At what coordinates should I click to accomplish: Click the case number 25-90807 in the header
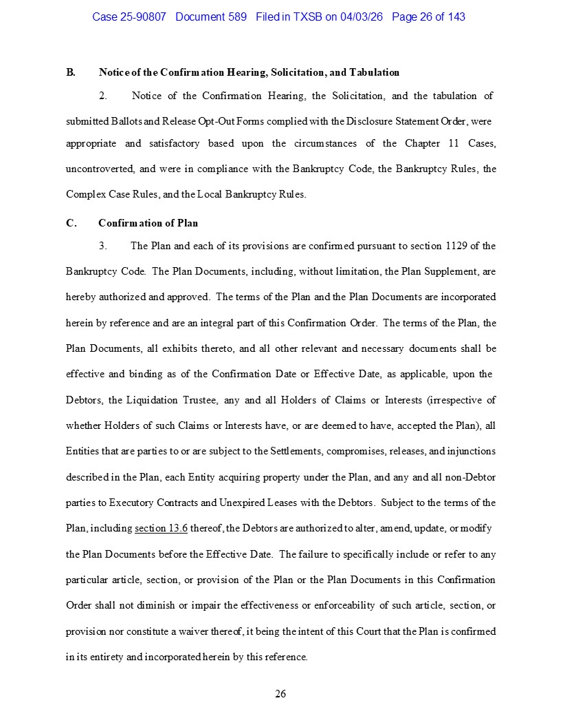coord(142,17)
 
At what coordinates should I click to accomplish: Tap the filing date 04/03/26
coord(362,17)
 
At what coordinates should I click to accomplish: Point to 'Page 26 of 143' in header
coord(428,17)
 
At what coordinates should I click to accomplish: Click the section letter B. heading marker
coord(71,72)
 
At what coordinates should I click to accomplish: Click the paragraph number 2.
coord(102,96)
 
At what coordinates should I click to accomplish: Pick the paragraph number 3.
coord(102,246)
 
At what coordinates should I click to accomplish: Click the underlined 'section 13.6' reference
coord(161,529)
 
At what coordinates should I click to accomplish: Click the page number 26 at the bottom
coord(280,694)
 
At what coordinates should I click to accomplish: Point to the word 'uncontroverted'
coord(99,169)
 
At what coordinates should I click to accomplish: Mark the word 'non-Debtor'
coord(472,477)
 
